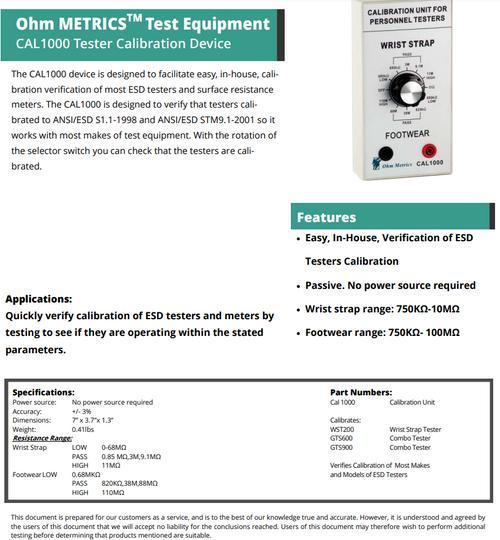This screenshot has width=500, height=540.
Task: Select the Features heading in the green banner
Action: click(x=328, y=217)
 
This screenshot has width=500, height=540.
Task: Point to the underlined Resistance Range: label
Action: click(x=42, y=437)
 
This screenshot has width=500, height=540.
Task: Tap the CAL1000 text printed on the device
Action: click(x=438, y=163)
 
